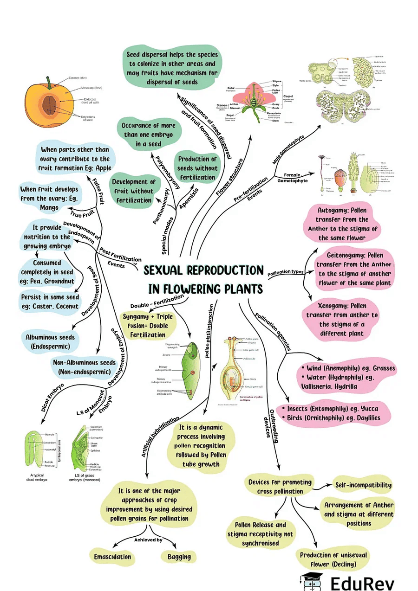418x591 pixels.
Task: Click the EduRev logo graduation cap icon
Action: click(x=312, y=580)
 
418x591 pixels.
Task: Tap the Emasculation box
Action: click(x=112, y=556)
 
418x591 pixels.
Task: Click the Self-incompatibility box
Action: click(x=363, y=485)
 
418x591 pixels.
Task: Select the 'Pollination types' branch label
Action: click(x=285, y=272)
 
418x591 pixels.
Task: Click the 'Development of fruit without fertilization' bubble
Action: click(x=133, y=191)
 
